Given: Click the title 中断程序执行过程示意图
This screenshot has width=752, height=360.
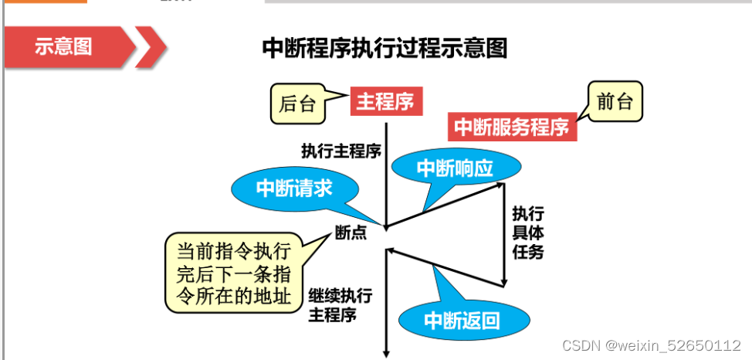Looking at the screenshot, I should click(384, 48).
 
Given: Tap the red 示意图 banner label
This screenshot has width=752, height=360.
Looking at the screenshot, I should click(63, 46).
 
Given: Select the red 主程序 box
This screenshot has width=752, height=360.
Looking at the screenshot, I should click(386, 101).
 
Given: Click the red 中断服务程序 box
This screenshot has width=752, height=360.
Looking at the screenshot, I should click(512, 126).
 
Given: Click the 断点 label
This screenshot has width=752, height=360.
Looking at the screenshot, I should click(351, 231).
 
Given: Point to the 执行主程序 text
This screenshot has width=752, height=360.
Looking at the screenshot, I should click(340, 150).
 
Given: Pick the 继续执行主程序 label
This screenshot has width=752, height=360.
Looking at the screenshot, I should click(340, 305).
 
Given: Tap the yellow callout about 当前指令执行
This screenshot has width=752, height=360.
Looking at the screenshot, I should click(234, 273).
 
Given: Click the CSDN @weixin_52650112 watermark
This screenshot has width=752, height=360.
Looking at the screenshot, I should click(651, 345).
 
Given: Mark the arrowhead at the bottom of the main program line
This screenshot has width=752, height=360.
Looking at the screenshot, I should click(385, 353).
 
